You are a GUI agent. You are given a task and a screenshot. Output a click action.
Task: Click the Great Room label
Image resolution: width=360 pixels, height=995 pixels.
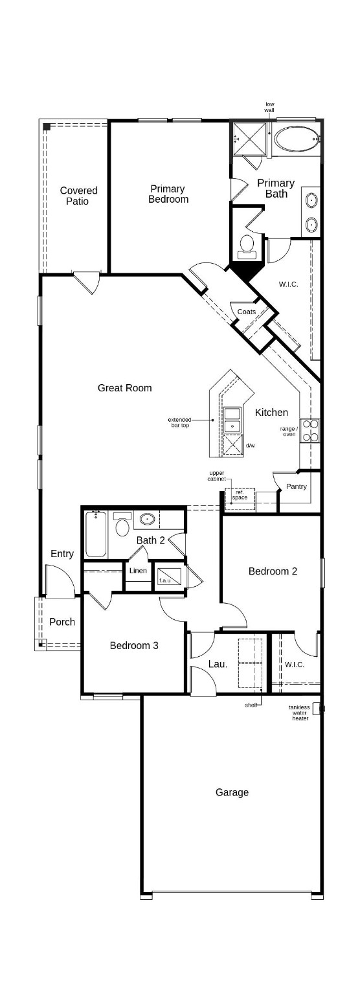[x=124, y=388]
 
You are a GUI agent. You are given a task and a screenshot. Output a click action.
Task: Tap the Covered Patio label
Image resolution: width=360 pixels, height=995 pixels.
[x=78, y=196]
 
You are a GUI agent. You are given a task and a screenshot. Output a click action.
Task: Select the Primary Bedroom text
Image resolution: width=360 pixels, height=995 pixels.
[x=168, y=194]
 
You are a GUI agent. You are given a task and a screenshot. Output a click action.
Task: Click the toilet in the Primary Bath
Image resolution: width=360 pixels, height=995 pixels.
[x=247, y=244]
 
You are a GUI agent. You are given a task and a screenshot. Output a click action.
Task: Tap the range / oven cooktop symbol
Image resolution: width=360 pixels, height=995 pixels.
[x=310, y=430]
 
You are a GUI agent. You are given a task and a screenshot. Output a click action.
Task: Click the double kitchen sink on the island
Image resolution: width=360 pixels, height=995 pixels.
[x=232, y=420]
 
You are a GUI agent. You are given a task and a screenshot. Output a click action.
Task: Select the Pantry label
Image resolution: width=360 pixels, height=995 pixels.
[x=296, y=486]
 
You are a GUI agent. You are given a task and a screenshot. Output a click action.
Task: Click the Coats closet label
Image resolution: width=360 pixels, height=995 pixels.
[x=246, y=312]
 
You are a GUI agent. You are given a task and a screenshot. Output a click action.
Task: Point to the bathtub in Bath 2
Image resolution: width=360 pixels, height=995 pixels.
[x=96, y=534]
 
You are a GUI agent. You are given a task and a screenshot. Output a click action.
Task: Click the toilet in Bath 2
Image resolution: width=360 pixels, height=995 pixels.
[x=122, y=525]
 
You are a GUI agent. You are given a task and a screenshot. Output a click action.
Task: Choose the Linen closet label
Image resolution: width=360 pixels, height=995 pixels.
[x=138, y=571]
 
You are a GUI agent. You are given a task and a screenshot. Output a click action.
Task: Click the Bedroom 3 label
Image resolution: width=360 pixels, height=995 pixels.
[x=133, y=645]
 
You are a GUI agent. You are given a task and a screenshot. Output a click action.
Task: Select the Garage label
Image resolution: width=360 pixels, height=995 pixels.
[x=232, y=792]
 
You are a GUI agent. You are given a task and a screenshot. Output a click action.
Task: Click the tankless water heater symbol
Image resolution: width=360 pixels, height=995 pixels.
[x=317, y=709]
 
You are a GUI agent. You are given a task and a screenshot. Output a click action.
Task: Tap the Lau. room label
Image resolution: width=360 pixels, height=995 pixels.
[x=217, y=664]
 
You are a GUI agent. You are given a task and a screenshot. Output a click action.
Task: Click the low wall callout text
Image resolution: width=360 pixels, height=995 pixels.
[x=269, y=108]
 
